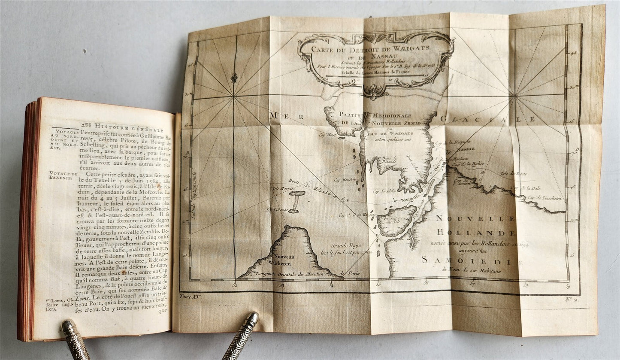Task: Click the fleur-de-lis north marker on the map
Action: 234,78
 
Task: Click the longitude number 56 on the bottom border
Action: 426,283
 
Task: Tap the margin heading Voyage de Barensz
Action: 62,176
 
